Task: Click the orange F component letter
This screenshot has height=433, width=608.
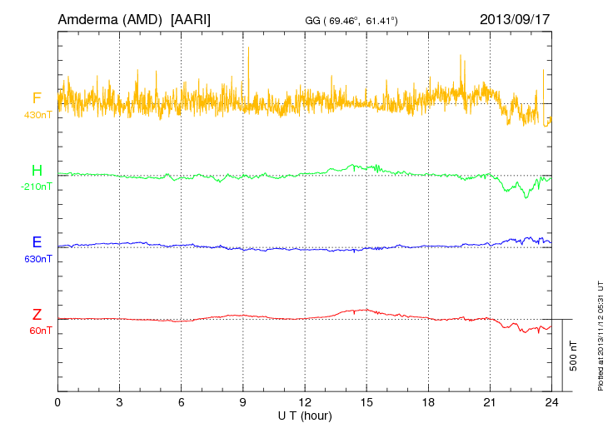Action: (x=37, y=99)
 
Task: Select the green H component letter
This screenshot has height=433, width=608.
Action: (x=37, y=171)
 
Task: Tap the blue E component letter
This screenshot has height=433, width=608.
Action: (x=37, y=242)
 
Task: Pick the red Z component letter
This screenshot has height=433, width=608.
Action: (x=37, y=315)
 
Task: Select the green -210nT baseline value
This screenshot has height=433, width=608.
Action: (x=37, y=187)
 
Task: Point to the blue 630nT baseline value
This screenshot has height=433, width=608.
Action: (x=38, y=259)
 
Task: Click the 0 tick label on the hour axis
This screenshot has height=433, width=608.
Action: (x=57, y=402)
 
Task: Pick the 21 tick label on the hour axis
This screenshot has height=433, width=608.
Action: (x=490, y=402)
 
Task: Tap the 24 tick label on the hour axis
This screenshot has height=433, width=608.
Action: (x=551, y=402)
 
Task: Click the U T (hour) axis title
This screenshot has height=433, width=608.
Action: (x=305, y=415)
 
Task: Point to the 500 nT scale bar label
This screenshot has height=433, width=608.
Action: (x=574, y=356)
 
